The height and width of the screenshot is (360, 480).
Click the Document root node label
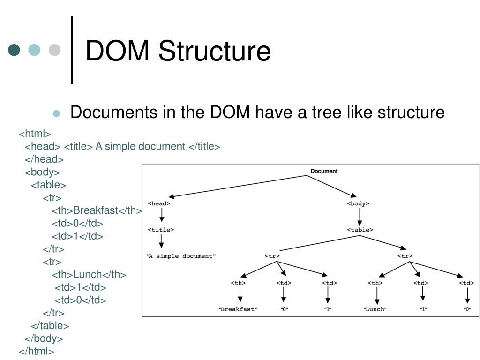324,171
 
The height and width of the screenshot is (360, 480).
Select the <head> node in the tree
159,203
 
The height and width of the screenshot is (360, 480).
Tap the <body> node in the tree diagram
358,203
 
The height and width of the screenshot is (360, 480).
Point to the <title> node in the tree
161,230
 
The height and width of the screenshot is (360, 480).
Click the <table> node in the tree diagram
360,230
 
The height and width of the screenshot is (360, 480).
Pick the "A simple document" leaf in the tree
181,256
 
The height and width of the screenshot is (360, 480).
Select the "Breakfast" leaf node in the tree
238,309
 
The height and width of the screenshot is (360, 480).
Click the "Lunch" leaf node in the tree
375,309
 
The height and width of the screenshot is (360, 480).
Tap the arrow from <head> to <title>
161,216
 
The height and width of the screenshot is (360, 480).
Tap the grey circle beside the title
55,50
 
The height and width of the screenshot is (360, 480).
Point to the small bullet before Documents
57,113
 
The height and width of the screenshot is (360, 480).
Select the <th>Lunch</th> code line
89,274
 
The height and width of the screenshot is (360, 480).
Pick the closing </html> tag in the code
37,351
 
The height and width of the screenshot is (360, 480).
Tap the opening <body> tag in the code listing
42,172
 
